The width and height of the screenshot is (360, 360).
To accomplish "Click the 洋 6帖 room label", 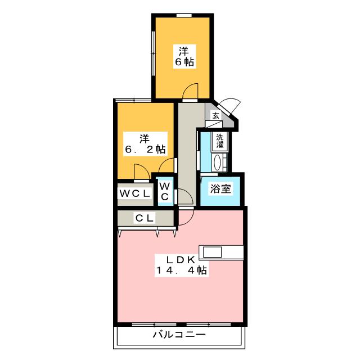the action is pos(184,56).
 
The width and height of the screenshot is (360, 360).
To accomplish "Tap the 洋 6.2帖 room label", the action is pos(145,144).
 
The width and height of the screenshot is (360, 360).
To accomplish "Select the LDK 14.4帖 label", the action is pos(181,265).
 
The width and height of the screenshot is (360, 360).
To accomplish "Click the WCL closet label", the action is pos(135,193).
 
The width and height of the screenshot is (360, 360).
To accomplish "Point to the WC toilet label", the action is pos(165,191).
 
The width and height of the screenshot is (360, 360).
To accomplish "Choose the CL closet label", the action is pos(145,218).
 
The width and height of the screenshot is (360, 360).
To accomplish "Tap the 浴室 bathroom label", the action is pos(220,188).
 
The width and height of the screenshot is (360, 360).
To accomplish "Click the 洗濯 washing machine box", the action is pos(220,141).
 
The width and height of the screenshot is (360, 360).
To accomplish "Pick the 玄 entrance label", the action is pos(215,115).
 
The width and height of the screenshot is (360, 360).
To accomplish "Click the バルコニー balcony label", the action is pos(179,335).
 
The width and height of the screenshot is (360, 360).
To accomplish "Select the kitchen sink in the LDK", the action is pos(212,252).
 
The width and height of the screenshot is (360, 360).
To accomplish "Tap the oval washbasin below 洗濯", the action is pos(217,163).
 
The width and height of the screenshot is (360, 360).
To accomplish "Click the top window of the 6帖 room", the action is pos(184,15).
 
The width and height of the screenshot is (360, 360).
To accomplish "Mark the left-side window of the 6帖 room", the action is pos(154,53).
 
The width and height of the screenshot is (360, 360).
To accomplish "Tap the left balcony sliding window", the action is pos(154,325).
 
